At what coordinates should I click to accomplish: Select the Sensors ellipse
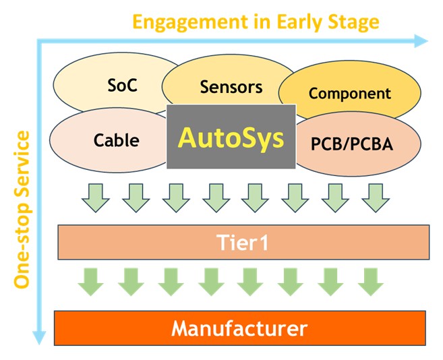pos(230,86)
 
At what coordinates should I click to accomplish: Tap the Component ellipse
pos(349,94)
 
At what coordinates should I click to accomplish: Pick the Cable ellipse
pos(116,140)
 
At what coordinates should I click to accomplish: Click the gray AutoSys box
pos(231,137)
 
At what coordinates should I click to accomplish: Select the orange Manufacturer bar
pos(239,329)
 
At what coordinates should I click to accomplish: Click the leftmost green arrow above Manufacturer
pos(91,281)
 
